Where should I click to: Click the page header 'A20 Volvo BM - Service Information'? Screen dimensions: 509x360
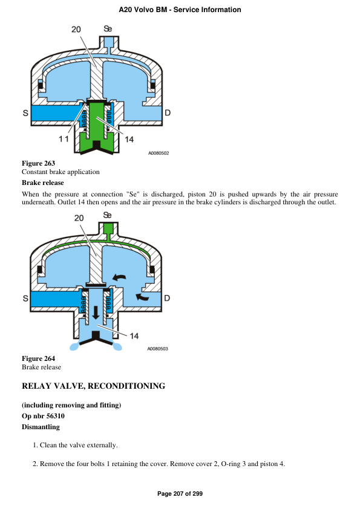point(180,10)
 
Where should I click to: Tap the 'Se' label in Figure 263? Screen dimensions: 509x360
point(108,28)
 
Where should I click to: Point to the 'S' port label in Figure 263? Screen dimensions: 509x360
point(25,113)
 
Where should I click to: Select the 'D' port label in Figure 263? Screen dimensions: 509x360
point(168,113)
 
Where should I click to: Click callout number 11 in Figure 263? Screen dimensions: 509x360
point(64,139)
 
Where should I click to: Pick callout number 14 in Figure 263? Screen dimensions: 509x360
point(129,139)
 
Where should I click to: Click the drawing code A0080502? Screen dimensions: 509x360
point(158,154)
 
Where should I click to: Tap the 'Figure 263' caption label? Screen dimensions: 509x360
point(38,163)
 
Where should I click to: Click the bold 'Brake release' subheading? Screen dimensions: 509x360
point(42,183)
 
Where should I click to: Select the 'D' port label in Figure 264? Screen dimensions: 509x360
point(168,298)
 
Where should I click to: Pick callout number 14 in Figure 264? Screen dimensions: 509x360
point(134,336)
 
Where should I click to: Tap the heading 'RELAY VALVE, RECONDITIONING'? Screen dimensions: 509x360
point(93,386)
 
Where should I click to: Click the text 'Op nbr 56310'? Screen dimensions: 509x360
point(43,416)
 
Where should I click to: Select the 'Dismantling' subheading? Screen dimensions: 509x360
point(41,427)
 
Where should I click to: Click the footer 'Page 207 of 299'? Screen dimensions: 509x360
point(180,494)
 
